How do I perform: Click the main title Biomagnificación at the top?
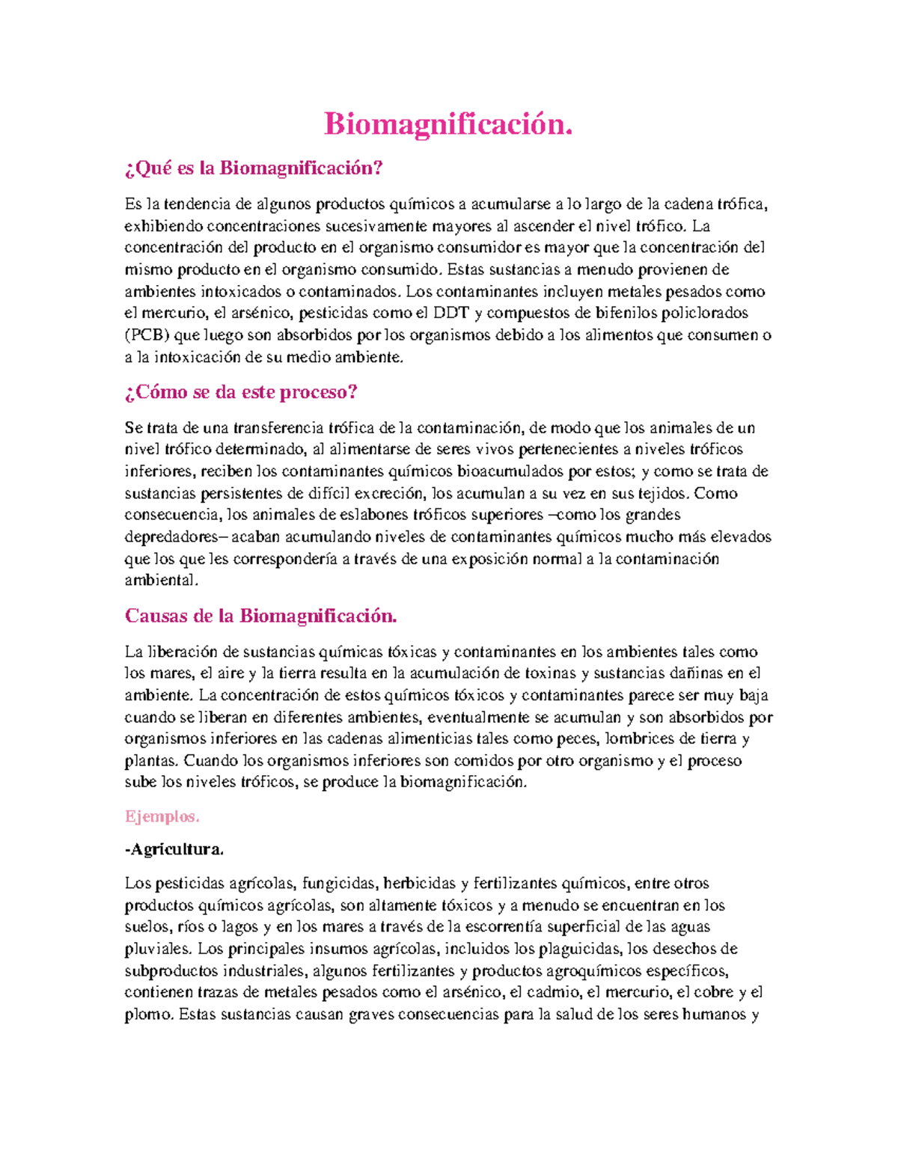[x=448, y=124]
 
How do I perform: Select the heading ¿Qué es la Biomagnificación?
[x=254, y=168]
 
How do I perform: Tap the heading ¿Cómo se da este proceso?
[x=241, y=392]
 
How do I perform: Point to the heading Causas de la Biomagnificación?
[x=260, y=616]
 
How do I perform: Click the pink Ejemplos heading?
[x=162, y=816]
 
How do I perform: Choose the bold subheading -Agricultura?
[x=174, y=850]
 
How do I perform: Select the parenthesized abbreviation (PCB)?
[x=147, y=335]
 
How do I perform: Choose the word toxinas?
[x=550, y=673]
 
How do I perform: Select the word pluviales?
[x=157, y=950]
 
